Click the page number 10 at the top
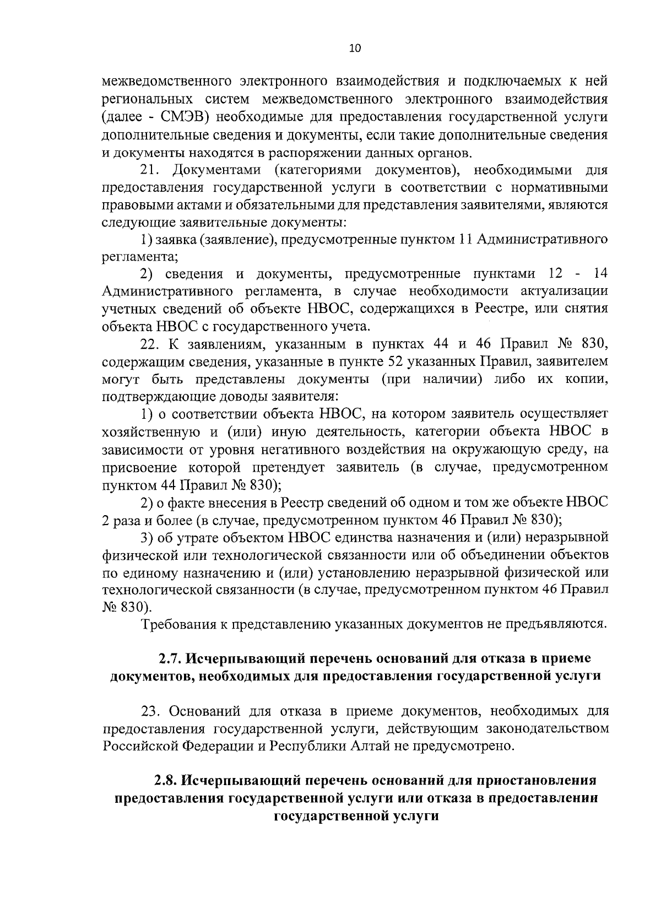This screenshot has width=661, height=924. pos(354,48)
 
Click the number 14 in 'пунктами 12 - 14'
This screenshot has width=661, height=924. pos(598,274)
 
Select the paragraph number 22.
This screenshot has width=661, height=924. pos(150,344)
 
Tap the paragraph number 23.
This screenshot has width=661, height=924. pos(150,711)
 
